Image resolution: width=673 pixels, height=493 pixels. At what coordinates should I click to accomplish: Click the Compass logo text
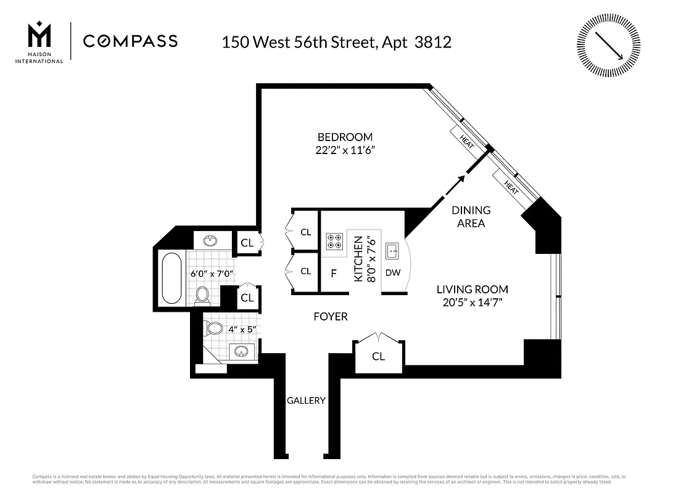pos(130,41)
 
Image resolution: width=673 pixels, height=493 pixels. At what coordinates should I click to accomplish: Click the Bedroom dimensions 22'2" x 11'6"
pos(345,150)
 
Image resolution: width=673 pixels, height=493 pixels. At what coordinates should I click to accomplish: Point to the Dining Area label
pos(471,217)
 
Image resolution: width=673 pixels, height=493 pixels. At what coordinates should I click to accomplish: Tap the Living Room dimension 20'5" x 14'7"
pos(473,303)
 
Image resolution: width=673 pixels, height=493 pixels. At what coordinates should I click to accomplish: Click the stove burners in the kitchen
pos(335,240)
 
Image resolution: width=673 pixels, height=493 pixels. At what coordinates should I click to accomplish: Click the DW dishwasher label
pos(393,272)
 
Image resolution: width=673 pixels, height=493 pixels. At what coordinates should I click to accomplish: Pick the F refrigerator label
pos(334,274)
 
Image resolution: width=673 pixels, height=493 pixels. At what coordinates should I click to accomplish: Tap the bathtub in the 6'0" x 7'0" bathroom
pos(171,278)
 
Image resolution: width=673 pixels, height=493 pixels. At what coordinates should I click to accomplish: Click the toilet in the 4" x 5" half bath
pos(214,327)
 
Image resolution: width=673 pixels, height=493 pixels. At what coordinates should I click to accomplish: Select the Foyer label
pos(330,317)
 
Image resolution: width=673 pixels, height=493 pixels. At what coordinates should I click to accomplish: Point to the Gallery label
pos(306,401)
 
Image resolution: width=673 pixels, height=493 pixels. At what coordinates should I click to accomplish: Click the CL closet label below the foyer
pos(378,356)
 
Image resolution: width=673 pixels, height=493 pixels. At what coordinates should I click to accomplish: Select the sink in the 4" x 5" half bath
pos(241,352)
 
